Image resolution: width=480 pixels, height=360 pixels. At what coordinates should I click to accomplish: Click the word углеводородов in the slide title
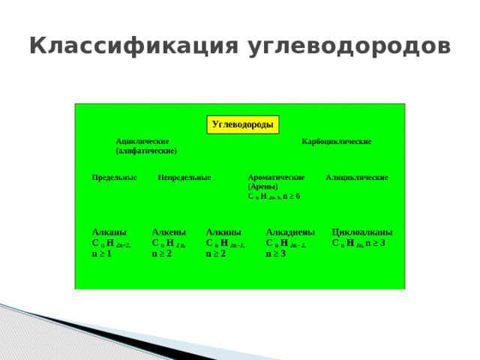(346, 46)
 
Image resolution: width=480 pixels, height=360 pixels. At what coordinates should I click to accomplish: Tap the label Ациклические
(142, 141)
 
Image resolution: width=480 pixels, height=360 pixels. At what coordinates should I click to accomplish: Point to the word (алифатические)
(146, 151)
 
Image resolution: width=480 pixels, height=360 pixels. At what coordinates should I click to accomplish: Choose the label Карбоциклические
(336, 141)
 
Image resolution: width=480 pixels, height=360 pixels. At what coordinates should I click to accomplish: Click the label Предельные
(114, 178)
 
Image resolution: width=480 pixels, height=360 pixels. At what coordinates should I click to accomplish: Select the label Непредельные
(184, 178)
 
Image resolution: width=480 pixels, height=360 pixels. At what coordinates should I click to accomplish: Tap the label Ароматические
(276, 178)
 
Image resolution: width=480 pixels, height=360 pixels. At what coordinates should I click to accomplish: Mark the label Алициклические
(357, 178)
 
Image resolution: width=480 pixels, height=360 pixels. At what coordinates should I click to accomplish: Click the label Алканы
(108, 232)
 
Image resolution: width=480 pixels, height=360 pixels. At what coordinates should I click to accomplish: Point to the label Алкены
(169, 232)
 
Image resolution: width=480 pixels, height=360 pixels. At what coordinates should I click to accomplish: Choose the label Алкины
(223, 232)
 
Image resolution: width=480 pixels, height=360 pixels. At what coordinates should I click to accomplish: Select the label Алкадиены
(290, 232)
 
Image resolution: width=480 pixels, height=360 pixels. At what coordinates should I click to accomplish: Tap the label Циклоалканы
(362, 232)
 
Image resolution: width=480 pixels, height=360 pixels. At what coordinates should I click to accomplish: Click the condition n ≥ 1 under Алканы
(101, 254)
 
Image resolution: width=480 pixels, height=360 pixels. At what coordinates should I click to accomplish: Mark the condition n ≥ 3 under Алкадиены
(276, 254)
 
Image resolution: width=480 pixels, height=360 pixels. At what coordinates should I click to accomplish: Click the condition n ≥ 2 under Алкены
(162, 254)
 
